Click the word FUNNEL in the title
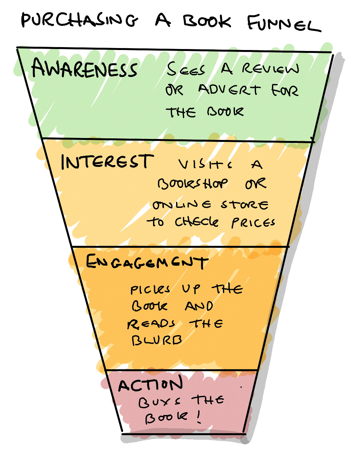coord(283,23)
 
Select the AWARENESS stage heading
coord(84,69)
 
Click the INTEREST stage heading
coord(107,161)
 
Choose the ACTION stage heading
coord(150,385)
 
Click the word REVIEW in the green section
coord(270,69)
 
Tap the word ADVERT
coord(229,90)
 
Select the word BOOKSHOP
coord(193,184)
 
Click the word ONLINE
coord(182,205)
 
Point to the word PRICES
coord(253,223)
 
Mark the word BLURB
coord(157,340)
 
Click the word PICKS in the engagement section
coord(150,289)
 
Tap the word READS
coord(151,324)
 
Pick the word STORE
coord(245,205)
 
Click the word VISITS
coord(205,164)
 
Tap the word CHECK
coord(197,222)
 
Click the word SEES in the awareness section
coord(186,69)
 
